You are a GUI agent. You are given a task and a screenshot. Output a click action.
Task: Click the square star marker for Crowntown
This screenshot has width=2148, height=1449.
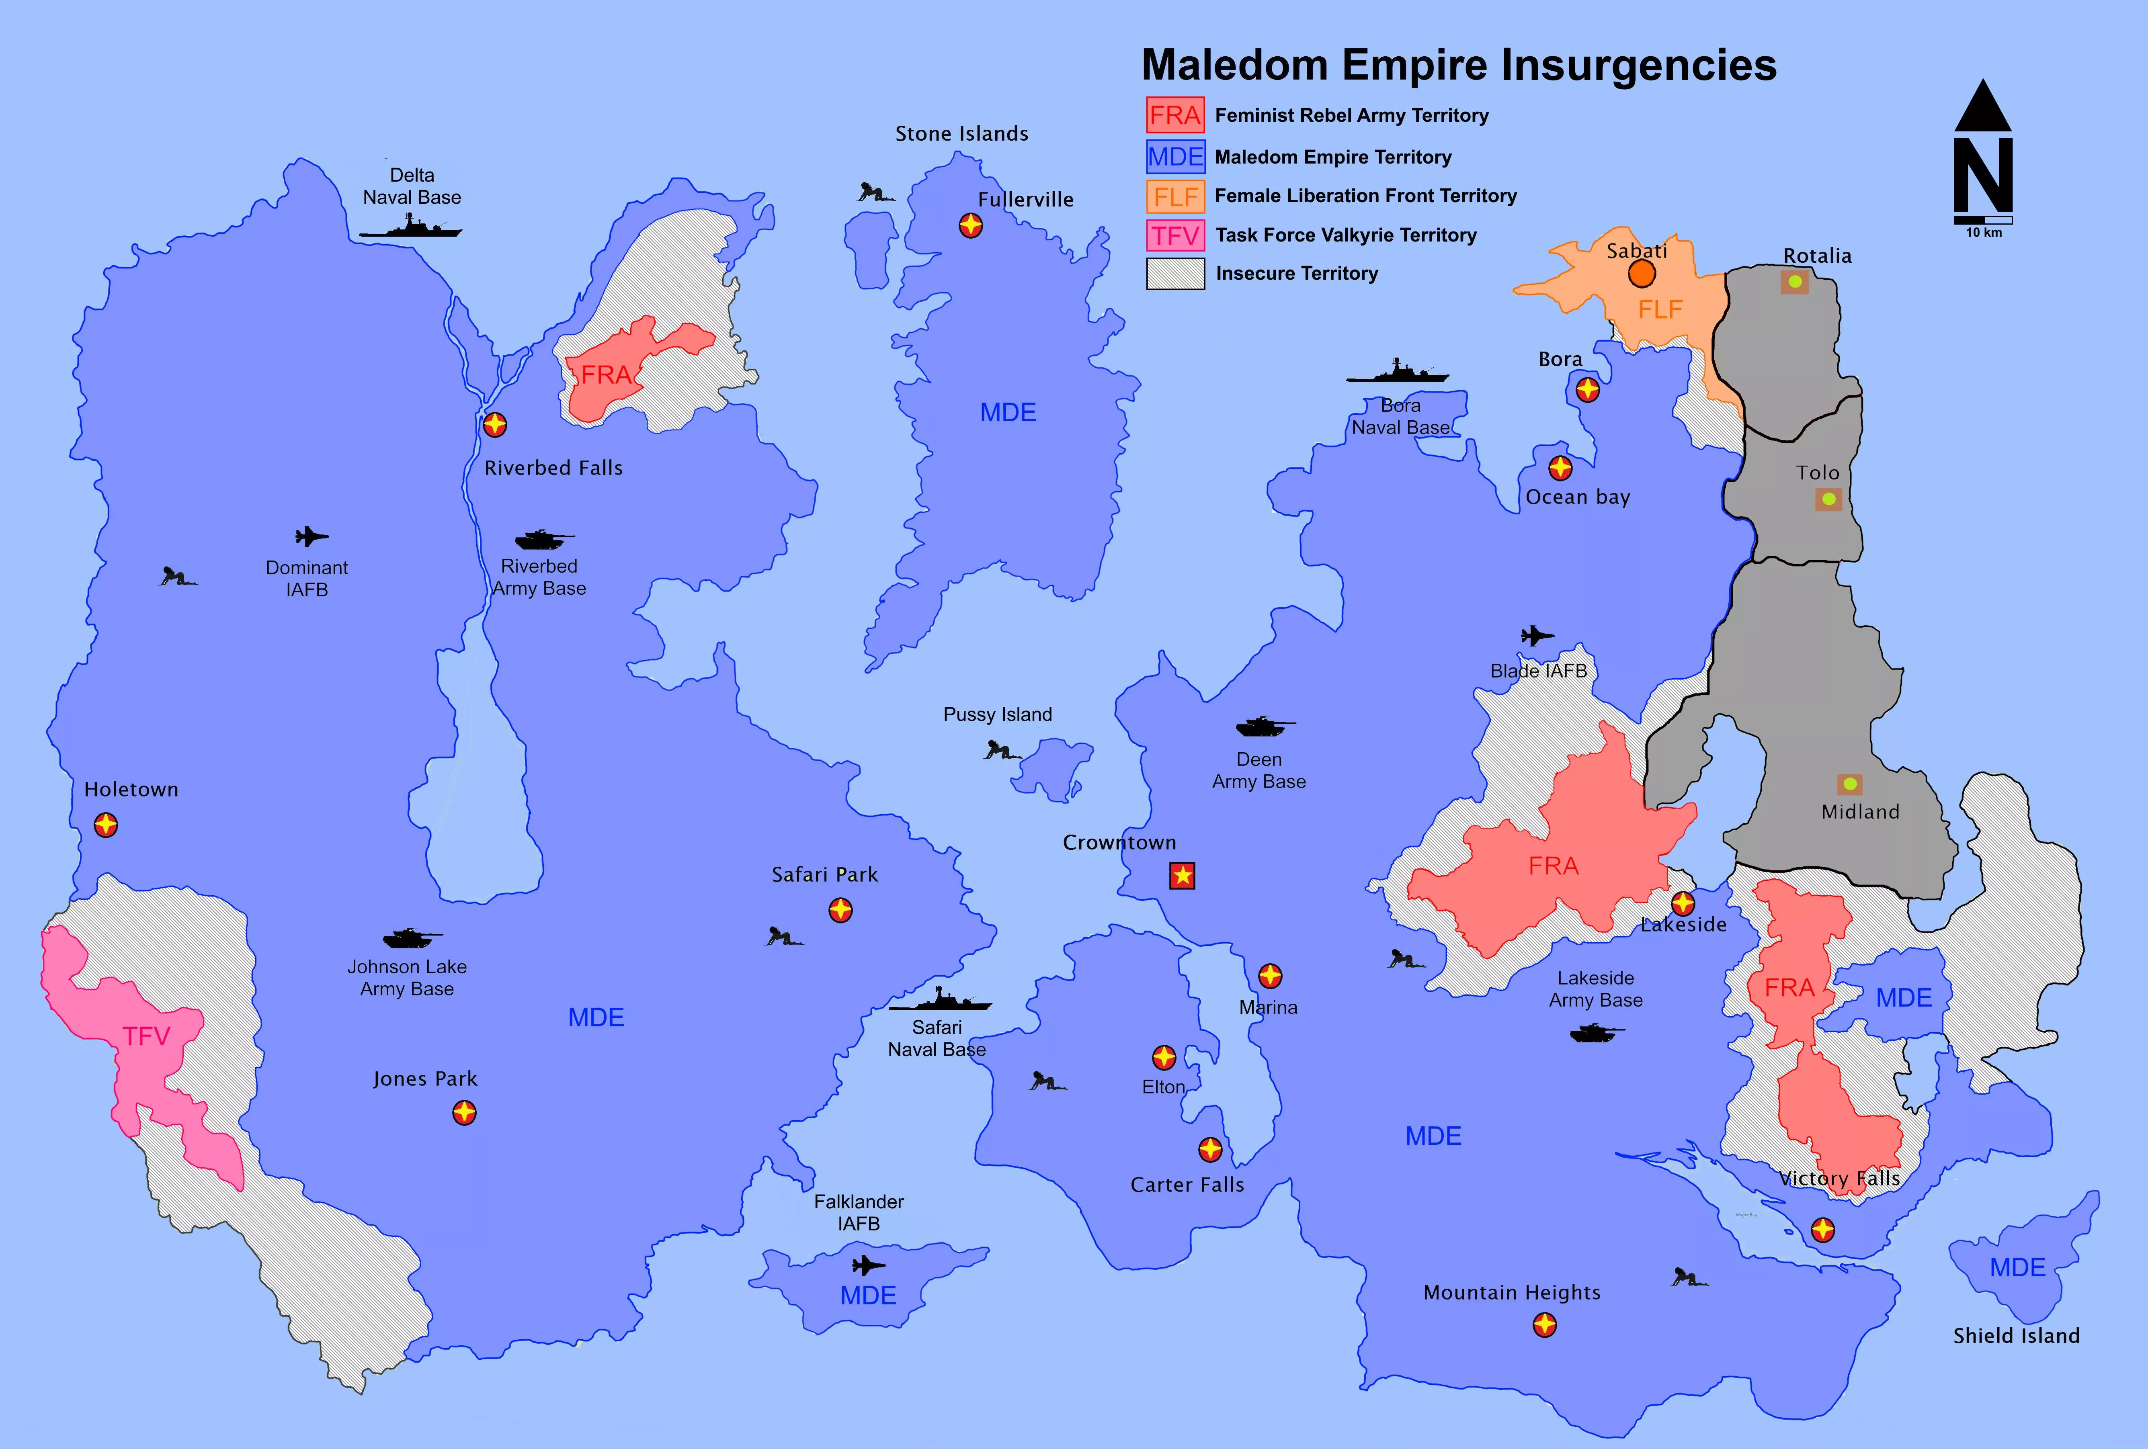click(1182, 875)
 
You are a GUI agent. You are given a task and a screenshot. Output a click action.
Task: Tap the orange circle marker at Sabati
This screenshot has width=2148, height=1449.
click(1642, 274)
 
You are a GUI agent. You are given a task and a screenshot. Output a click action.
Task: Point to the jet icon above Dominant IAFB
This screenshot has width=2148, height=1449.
click(312, 536)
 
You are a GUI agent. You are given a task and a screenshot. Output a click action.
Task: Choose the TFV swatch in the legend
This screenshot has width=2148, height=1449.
click(1175, 235)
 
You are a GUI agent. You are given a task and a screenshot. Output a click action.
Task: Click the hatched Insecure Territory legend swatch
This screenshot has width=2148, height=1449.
click(1175, 274)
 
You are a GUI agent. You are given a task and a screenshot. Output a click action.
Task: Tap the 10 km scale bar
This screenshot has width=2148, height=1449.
click(1984, 220)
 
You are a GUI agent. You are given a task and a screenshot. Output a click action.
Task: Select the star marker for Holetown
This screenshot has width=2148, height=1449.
click(106, 824)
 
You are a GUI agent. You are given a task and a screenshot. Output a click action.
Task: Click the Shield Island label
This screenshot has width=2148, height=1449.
click(2016, 1335)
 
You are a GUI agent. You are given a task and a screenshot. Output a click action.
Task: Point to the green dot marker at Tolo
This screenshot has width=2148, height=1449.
click(1828, 499)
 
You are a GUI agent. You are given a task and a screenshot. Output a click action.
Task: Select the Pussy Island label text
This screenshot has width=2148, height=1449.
click(997, 714)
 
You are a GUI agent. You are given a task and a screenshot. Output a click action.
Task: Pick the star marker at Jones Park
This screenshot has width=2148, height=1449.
click(464, 1113)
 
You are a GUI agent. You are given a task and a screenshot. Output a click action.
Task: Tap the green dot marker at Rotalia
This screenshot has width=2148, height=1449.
click(1794, 282)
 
